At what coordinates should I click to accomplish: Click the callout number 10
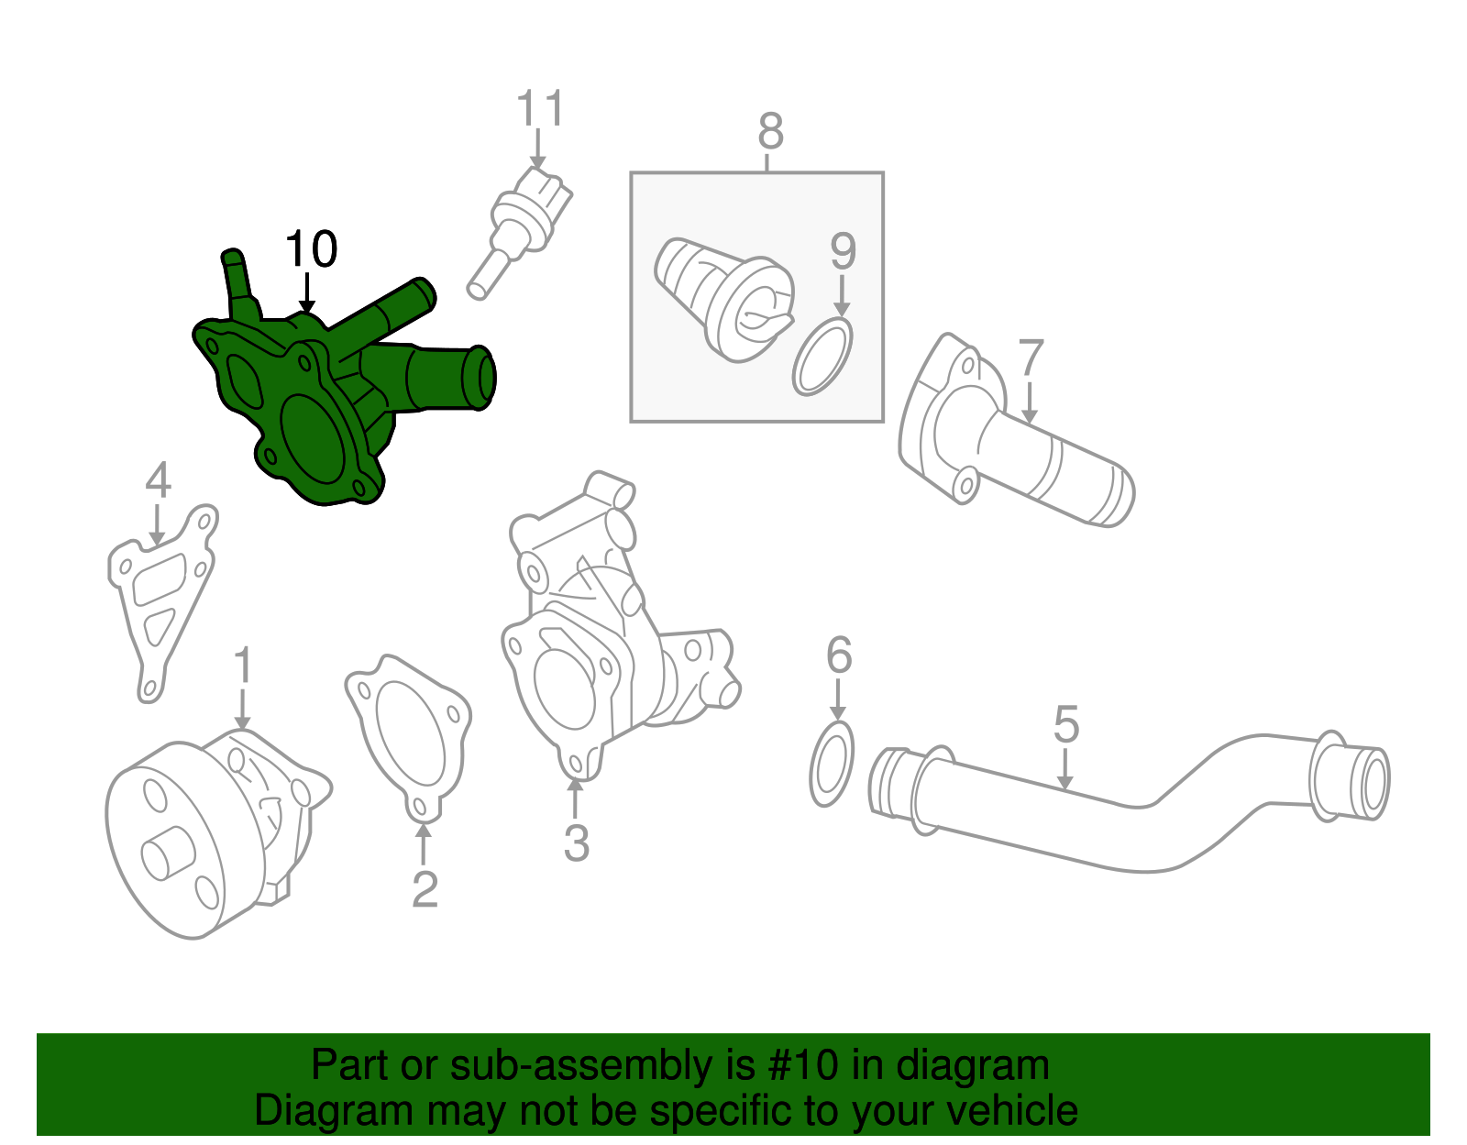coord(311,249)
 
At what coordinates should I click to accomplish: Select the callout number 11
coord(540,109)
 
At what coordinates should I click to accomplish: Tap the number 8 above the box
coord(770,132)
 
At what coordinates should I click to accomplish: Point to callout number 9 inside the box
coord(843,251)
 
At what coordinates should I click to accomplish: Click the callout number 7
coord(1031,358)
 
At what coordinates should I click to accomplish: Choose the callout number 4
coord(158,480)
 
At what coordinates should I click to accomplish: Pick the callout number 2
coord(425,889)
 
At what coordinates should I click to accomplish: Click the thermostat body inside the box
coord(724,298)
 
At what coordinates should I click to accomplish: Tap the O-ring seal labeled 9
coord(822,358)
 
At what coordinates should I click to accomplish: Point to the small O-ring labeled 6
coord(833,764)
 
